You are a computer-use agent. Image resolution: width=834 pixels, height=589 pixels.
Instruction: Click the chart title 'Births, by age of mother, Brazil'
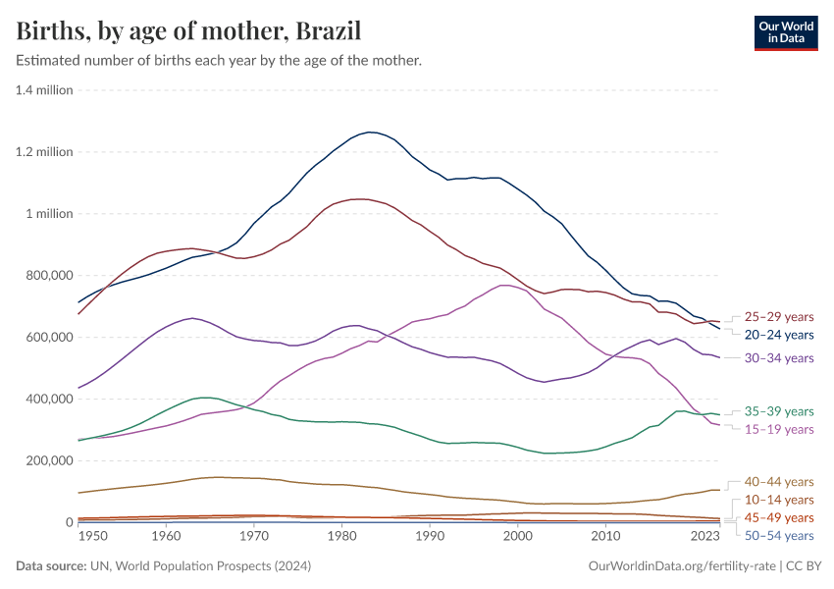pyautogui.click(x=188, y=31)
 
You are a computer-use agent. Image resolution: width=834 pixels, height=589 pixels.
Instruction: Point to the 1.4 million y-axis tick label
pyautogui.click(x=44, y=90)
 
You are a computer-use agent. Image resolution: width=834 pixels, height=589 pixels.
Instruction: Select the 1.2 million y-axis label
pyautogui.click(x=44, y=152)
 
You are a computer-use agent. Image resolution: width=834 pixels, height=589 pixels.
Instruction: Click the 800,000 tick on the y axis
pyautogui.click(x=47, y=276)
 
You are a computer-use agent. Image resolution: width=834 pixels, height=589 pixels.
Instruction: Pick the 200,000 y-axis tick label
pyautogui.click(x=47, y=461)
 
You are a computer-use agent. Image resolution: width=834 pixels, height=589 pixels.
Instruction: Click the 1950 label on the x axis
pyautogui.click(x=93, y=537)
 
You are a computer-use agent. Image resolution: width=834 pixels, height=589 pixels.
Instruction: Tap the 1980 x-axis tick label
pyautogui.click(x=341, y=537)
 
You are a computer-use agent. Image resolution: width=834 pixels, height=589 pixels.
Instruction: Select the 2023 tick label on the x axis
pyautogui.click(x=704, y=537)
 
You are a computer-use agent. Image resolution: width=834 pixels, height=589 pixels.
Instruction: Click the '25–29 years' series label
pyautogui.click(x=779, y=317)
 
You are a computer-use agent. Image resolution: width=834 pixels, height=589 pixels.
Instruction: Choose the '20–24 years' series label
pyautogui.click(x=779, y=335)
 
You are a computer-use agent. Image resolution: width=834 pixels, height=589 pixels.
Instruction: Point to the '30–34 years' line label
pyautogui.click(x=779, y=359)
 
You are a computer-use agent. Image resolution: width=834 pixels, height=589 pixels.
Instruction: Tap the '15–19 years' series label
pyautogui.click(x=779, y=430)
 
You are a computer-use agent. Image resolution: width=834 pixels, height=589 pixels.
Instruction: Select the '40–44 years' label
pyautogui.click(x=779, y=482)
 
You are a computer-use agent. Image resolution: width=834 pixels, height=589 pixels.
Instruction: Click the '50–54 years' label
pyautogui.click(x=779, y=536)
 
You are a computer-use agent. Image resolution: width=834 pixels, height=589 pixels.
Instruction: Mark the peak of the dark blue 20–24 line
pyautogui.click(x=369, y=132)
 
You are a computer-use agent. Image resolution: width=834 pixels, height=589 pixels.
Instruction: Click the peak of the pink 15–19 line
pyautogui.click(x=504, y=286)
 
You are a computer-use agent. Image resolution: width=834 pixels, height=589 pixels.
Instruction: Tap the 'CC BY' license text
pyautogui.click(x=804, y=566)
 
